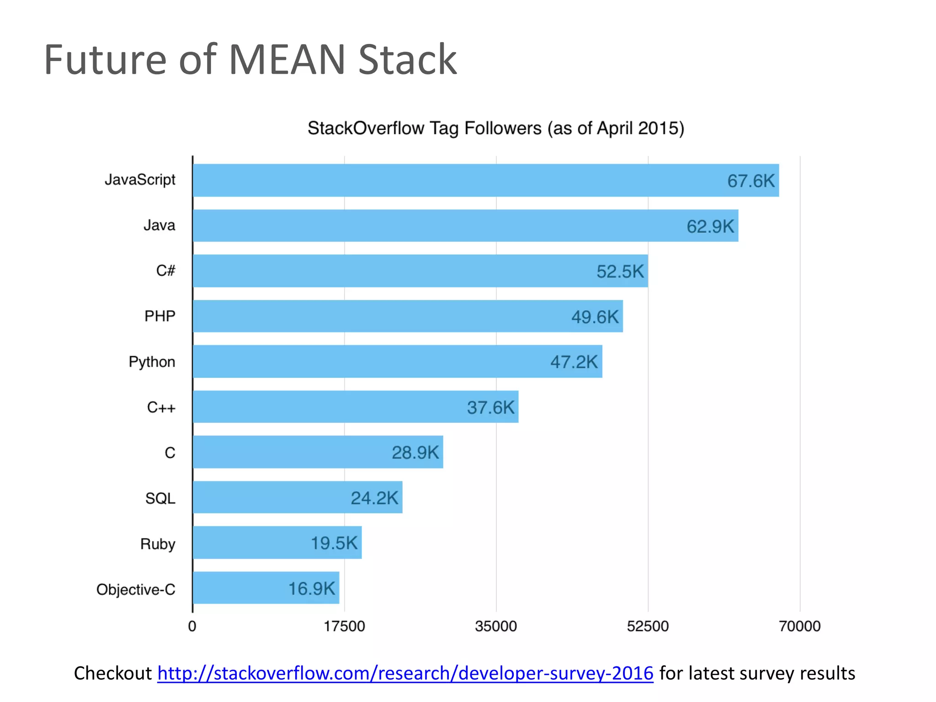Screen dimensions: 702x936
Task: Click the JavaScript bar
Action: (457, 181)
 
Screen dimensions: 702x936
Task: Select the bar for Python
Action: (366, 362)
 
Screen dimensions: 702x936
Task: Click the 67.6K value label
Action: (751, 181)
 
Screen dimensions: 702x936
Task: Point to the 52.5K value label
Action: (620, 271)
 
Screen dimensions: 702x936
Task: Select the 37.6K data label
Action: (490, 407)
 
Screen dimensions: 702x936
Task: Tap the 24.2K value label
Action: (374, 498)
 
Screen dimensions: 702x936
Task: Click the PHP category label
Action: (160, 316)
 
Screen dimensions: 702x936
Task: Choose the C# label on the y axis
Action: (165, 271)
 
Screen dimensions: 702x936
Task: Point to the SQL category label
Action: (160, 498)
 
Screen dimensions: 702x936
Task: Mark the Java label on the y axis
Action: (159, 225)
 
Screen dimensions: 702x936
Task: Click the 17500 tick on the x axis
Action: (344, 626)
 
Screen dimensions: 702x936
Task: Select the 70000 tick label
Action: (799, 626)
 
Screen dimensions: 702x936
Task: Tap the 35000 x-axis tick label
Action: (496, 626)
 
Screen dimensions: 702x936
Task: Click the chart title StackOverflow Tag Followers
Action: (495, 128)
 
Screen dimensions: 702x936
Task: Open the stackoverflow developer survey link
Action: (405, 673)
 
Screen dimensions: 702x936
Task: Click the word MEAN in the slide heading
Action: (287, 60)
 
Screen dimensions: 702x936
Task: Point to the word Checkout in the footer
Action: (112, 673)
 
